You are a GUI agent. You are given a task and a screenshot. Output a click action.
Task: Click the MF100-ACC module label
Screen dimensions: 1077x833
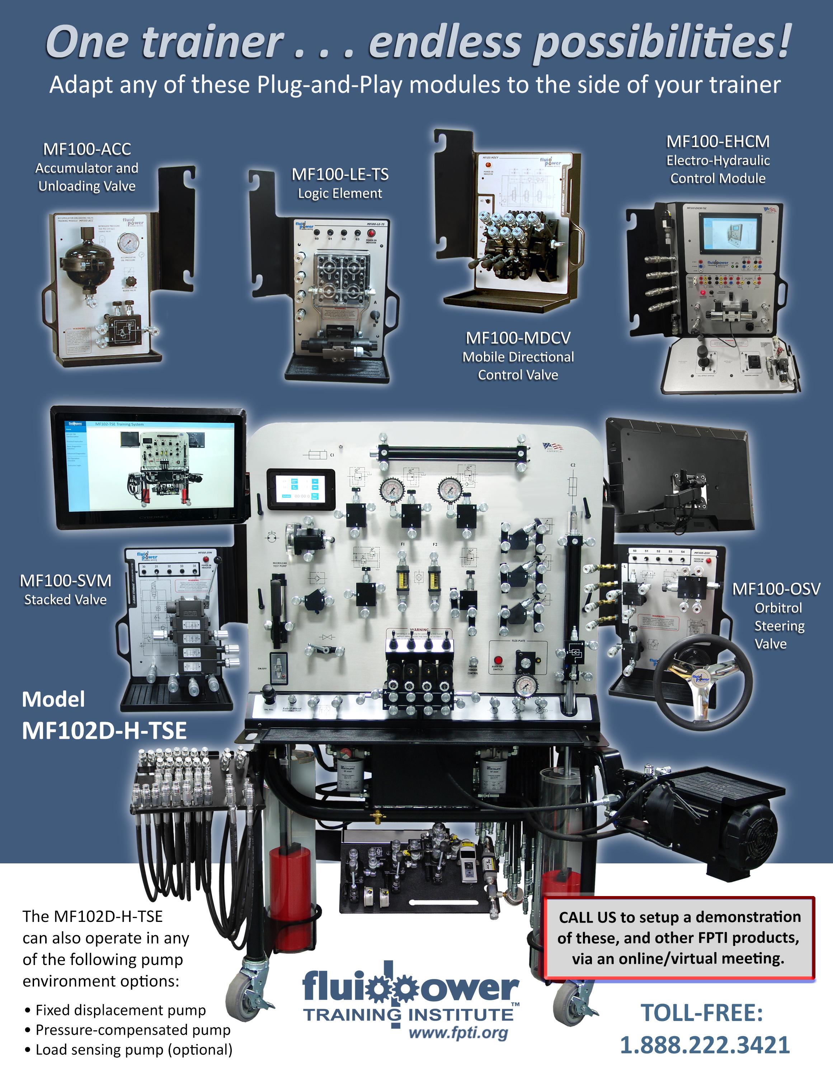coord(87,149)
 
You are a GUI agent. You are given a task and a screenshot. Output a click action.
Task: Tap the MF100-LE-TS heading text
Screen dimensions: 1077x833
coord(340,174)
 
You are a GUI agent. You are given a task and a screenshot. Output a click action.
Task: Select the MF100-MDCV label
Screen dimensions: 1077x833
coord(518,338)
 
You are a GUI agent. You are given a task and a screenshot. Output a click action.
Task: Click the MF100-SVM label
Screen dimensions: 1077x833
coord(66,581)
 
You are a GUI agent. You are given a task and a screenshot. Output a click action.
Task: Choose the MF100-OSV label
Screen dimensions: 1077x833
coord(776,589)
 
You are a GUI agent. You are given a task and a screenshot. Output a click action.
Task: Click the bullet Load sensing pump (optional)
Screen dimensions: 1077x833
coord(133,1049)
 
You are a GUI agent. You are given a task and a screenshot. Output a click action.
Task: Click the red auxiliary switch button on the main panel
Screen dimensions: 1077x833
coord(498,660)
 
